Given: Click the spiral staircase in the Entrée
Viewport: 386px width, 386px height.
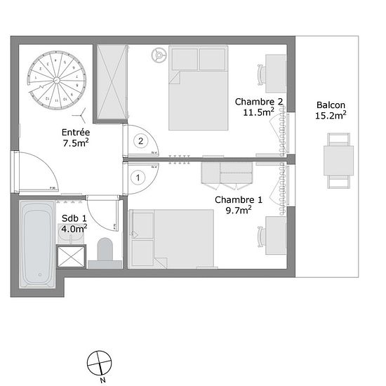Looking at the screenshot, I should click(53, 81).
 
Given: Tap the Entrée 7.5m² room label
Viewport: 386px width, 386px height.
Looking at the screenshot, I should click(75, 136).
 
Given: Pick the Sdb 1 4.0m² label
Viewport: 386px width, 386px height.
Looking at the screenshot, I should click(74, 223).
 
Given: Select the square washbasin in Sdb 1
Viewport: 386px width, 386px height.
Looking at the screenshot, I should click(69, 256).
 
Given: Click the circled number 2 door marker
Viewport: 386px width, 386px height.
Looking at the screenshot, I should click(140, 141).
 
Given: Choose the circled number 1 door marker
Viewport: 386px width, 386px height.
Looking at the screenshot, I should click(138, 178).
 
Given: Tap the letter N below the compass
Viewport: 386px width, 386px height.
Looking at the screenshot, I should click(102, 380).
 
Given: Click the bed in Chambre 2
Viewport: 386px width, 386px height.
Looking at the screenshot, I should click(199, 88).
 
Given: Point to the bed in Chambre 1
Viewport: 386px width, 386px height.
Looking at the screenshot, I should click(172, 239).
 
